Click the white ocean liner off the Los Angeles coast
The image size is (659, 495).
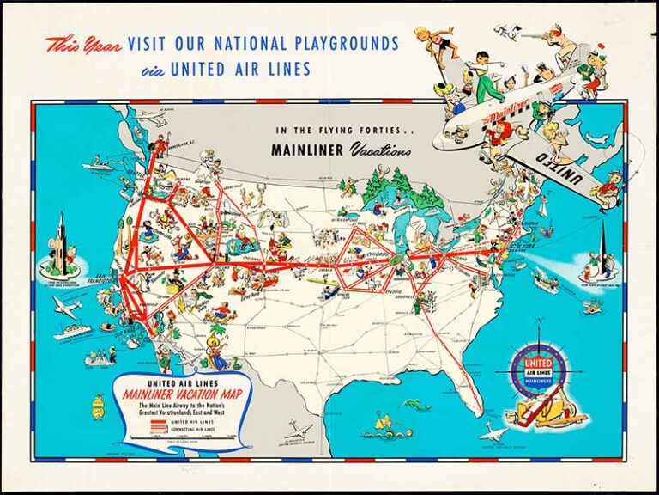point(72,332)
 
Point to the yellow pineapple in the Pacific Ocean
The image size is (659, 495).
point(99,402)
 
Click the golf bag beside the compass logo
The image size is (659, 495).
point(553,413)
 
